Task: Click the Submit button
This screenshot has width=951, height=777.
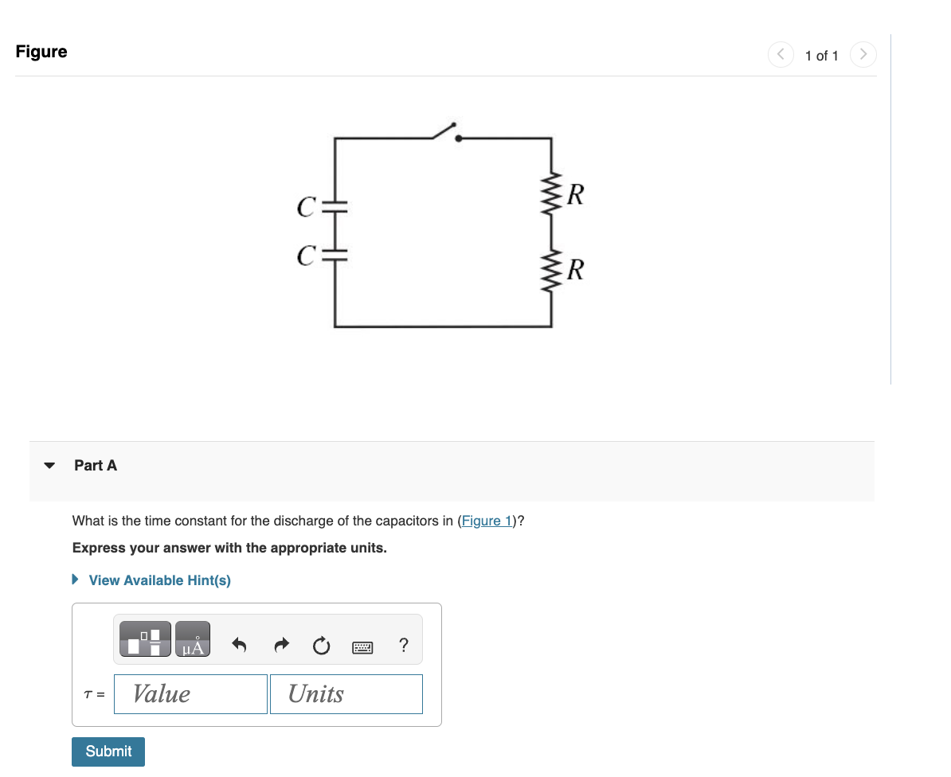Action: tap(108, 752)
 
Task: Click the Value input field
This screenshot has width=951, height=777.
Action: tap(190, 694)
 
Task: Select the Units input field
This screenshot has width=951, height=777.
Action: tap(346, 694)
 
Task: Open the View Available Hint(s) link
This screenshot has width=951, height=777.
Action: tap(159, 580)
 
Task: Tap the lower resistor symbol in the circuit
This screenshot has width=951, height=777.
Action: tap(552, 269)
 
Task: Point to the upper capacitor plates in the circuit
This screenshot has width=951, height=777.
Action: tap(335, 205)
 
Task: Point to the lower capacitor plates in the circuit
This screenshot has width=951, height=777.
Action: tap(335, 256)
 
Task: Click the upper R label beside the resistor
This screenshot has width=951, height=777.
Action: tap(577, 194)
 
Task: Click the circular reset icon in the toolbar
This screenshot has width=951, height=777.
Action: tap(321, 646)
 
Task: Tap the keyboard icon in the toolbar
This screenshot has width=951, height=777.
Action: tap(362, 647)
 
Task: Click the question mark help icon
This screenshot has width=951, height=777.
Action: tap(404, 645)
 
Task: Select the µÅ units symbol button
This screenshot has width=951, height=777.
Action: tap(193, 639)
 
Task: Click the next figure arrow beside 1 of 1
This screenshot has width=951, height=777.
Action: tap(863, 55)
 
